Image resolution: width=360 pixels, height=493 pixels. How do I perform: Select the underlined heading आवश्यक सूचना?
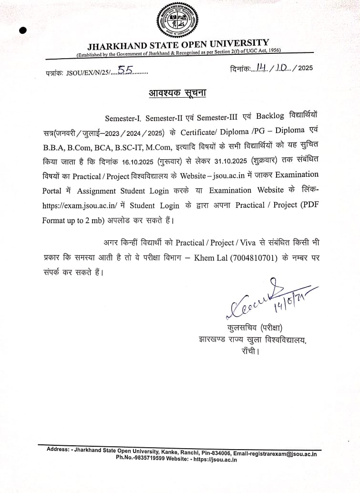[x=177, y=92]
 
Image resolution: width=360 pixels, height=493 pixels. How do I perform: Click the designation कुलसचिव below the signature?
[x=240, y=328]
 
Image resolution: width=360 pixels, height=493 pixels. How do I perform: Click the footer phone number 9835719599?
[x=148, y=460]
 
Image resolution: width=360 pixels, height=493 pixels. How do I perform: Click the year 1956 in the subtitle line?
[x=272, y=51]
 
